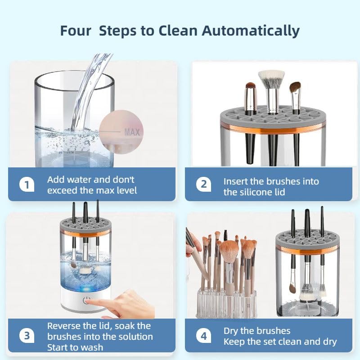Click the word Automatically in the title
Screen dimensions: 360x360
point(250,31)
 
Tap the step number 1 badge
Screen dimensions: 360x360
point(27,184)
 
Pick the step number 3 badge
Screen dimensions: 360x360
point(27,336)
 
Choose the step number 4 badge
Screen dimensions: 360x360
point(204,336)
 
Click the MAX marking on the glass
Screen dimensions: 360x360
point(132,132)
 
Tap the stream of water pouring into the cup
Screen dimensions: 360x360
point(85,90)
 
